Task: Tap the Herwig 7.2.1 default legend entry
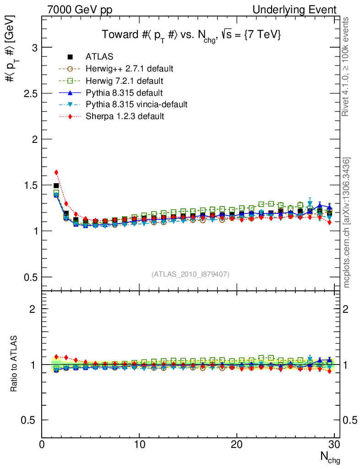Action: [x=124, y=81]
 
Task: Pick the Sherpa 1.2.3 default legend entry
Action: [x=125, y=116]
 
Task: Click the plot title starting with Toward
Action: [x=191, y=35]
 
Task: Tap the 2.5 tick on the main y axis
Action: [x=31, y=93]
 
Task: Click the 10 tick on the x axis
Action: [x=139, y=445]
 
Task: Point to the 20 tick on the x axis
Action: [x=237, y=445]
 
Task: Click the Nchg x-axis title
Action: [x=329, y=457]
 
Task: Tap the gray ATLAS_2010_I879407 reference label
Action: [x=191, y=274]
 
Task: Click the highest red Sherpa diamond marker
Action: [x=56, y=173]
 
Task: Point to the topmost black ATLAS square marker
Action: [x=56, y=185]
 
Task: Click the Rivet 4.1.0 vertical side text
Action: [x=347, y=66]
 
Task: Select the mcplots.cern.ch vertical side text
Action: [x=347, y=222]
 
